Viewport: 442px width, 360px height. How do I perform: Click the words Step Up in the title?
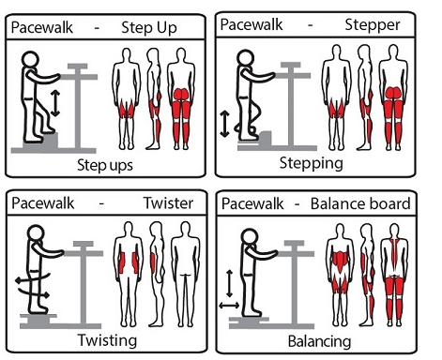(x=149, y=28)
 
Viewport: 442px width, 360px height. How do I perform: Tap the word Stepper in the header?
(x=373, y=25)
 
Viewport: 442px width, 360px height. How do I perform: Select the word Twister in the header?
(x=168, y=203)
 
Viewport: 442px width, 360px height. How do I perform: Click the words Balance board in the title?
(x=360, y=203)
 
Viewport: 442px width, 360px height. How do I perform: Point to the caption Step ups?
(x=105, y=165)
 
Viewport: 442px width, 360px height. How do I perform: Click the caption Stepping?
(x=312, y=163)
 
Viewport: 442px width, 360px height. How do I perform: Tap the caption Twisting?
(x=107, y=340)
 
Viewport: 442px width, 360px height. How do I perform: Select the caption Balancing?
(x=319, y=341)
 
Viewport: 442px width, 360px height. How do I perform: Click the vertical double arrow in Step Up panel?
(x=55, y=103)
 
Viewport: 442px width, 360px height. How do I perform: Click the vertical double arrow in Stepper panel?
(x=224, y=124)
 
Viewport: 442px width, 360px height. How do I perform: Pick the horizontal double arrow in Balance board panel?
(x=229, y=306)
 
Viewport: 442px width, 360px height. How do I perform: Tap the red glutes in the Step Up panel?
(x=181, y=94)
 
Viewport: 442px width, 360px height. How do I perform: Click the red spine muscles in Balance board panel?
(x=394, y=250)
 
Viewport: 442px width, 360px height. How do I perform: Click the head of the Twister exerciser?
(x=36, y=233)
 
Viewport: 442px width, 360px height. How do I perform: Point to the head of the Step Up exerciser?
(x=30, y=59)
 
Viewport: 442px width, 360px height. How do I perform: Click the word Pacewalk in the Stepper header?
(x=251, y=24)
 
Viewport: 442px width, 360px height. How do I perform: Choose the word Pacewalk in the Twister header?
(x=43, y=203)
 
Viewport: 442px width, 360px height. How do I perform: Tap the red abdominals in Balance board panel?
(x=340, y=261)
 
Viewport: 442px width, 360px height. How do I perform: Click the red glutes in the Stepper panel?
(x=393, y=93)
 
